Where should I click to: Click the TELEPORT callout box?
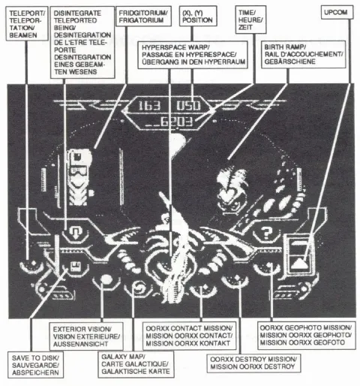pyautogui.click(x=27, y=24)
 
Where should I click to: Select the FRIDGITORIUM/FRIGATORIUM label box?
pyautogui.click(x=143, y=17)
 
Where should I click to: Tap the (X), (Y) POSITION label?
pyautogui.click(x=198, y=17)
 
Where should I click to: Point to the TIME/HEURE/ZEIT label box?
pyautogui.click(x=250, y=20)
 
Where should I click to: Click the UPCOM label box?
pyautogui.click(x=337, y=12)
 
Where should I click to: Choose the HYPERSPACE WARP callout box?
pyautogui.click(x=193, y=55)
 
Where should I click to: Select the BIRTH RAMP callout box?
pyautogui.click(x=304, y=54)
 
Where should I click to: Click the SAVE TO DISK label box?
pyautogui.click(x=35, y=365)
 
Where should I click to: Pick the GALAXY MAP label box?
pyautogui.click(x=136, y=364)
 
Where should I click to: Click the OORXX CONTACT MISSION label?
pyautogui.click(x=189, y=336)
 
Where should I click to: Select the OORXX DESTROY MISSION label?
pyautogui.click(x=253, y=363)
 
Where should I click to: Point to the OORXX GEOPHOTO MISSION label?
pyautogui.click(x=306, y=335)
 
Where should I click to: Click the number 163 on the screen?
pyautogui.click(x=149, y=106)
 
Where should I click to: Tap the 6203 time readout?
pyautogui.click(x=176, y=122)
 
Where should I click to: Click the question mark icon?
pyautogui.click(x=266, y=233)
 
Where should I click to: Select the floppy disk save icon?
pyautogui.click(x=75, y=267)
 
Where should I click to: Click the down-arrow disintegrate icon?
pyautogui.click(x=75, y=232)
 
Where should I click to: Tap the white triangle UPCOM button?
pyautogui.click(x=298, y=264)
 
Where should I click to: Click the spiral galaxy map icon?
pyautogui.click(x=138, y=287)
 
